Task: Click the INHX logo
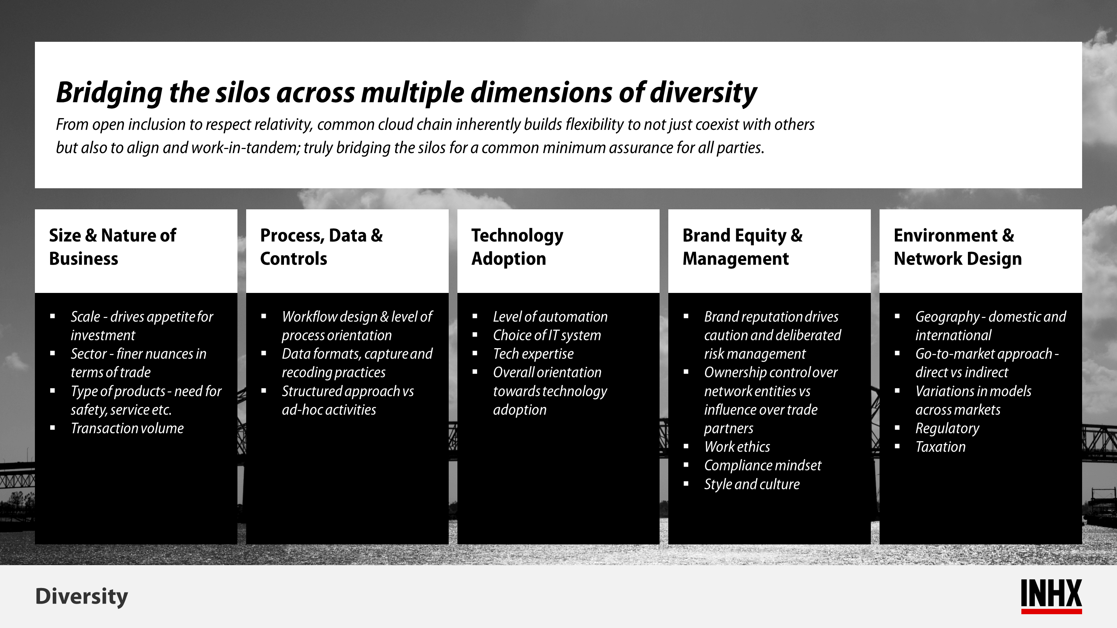1051,596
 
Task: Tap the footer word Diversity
81,597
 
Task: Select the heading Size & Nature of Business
113,247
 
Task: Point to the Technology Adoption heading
517,247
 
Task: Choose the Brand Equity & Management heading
742,247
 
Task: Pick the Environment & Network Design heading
958,247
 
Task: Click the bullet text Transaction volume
127,428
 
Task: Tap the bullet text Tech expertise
533,354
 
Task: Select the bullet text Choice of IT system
547,335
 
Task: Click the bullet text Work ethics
737,447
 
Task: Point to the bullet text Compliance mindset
762,466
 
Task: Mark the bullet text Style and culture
752,484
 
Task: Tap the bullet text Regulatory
947,428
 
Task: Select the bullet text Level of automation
550,317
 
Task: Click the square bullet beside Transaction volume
52,428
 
